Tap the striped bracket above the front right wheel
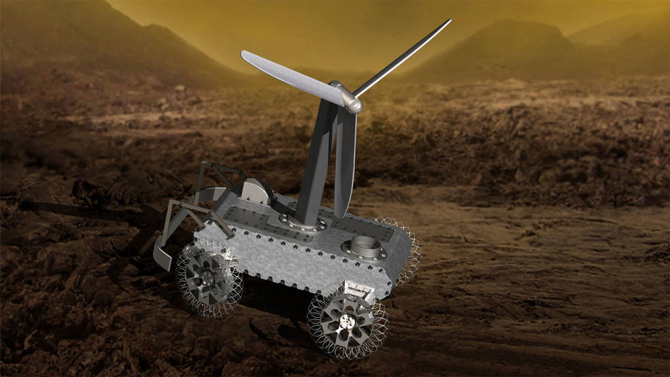click(358, 289)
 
